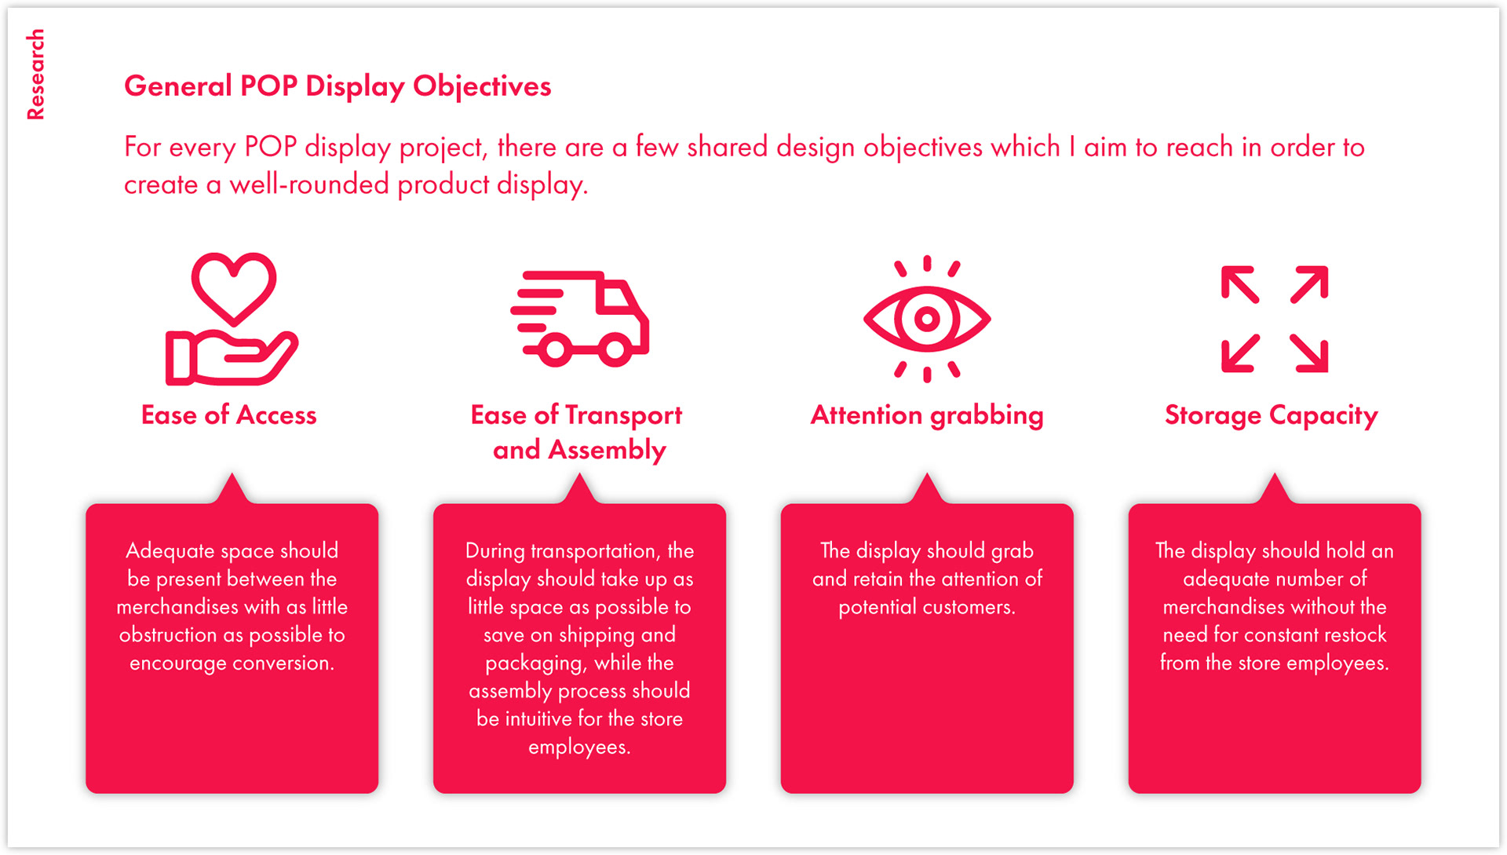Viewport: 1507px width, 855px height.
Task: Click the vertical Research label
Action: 35,75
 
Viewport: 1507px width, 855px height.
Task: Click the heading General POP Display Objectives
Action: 338,86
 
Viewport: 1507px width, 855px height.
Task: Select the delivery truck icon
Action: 580,319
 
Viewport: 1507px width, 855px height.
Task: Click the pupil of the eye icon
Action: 927,319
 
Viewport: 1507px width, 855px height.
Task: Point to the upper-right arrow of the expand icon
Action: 1310,283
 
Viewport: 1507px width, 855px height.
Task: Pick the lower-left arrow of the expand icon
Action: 1240,353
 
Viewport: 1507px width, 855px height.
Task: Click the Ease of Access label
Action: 228,415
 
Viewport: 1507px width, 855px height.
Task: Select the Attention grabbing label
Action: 927,415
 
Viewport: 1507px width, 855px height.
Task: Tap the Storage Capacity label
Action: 1271,415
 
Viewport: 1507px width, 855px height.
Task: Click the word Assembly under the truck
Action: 607,450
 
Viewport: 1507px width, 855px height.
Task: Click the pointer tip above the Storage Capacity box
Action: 1275,477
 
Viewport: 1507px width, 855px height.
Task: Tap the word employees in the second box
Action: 579,747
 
